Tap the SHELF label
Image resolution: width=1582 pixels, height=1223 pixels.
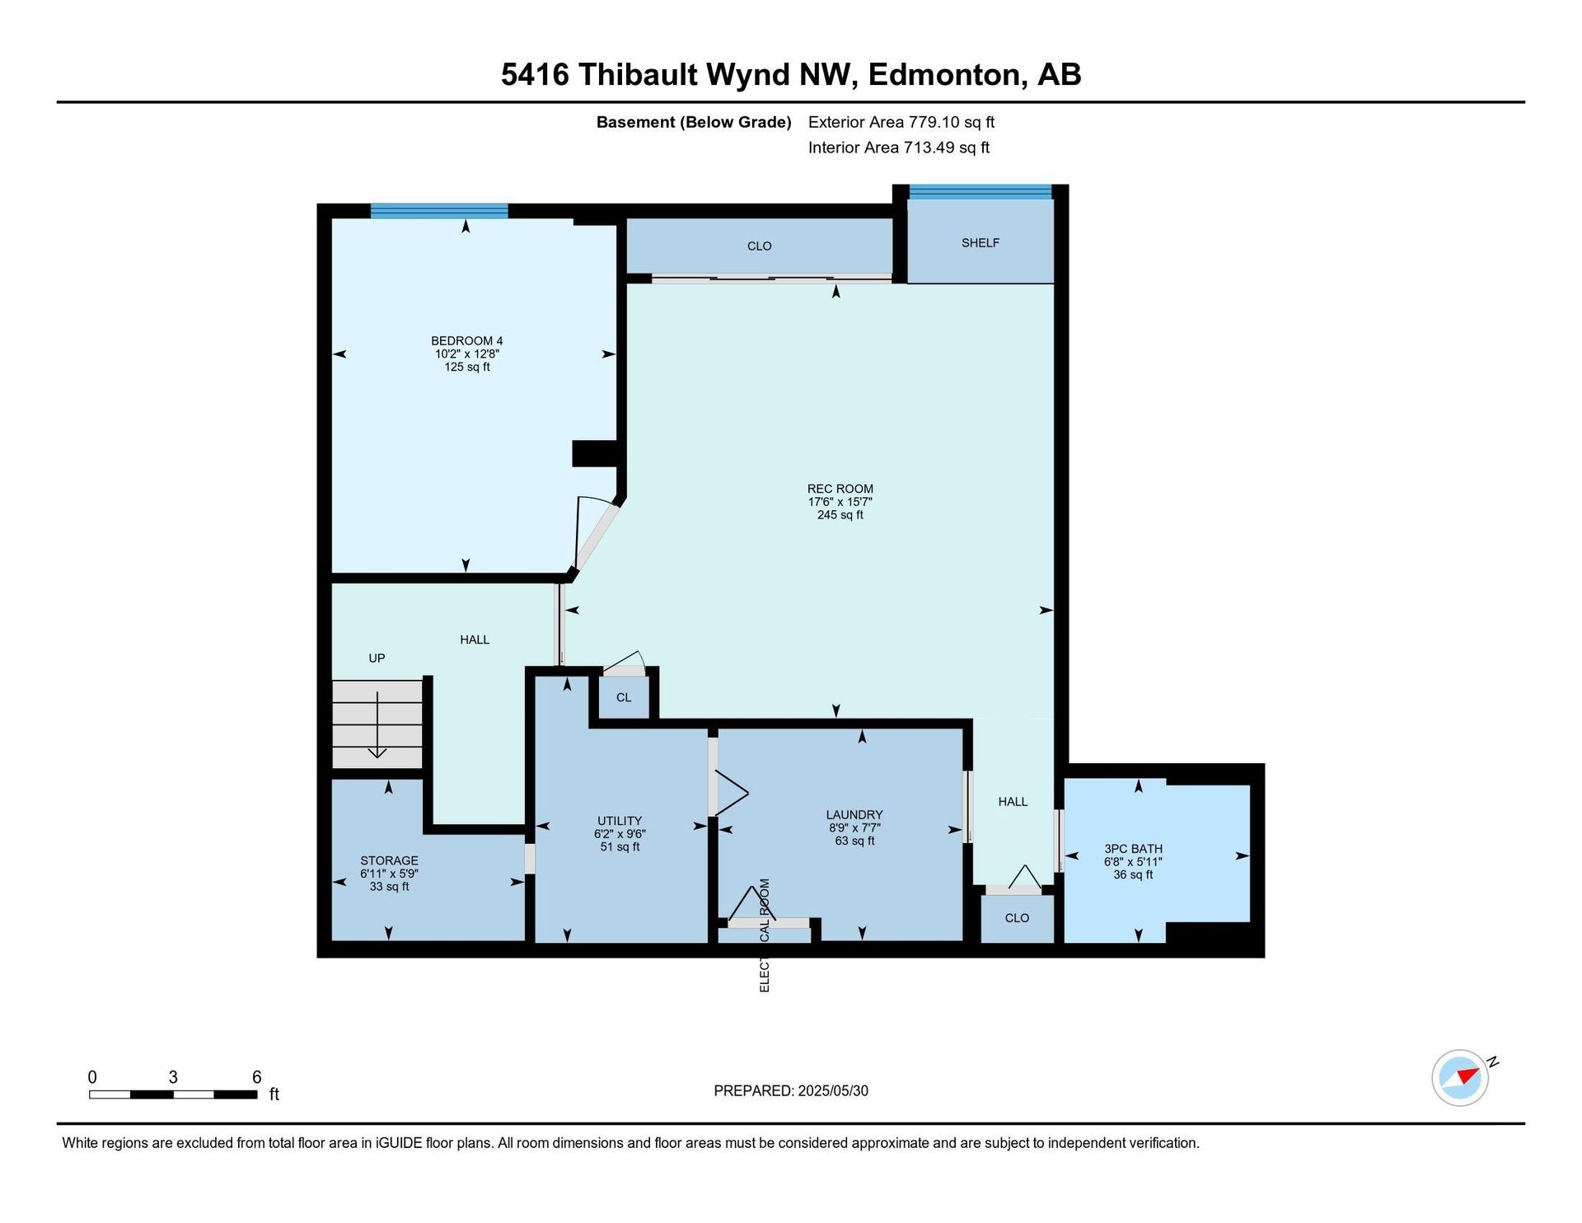click(x=981, y=243)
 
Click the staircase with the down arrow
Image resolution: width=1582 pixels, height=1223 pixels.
click(x=377, y=724)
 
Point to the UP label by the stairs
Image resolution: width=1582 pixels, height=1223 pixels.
click(x=377, y=658)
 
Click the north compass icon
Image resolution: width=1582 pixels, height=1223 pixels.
click(x=1461, y=1077)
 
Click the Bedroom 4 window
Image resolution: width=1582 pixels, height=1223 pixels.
click(x=439, y=211)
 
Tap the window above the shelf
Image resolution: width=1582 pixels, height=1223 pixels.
click(x=981, y=192)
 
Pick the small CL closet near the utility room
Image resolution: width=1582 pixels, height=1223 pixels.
click(x=624, y=697)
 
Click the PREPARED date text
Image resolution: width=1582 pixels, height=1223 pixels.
click(x=791, y=1091)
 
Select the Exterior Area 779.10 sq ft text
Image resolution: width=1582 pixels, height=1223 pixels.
click(x=901, y=122)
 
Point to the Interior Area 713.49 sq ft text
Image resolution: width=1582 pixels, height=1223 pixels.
click(x=899, y=148)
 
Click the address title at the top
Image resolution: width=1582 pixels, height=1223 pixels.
click(x=791, y=74)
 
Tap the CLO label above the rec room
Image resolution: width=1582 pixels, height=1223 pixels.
click(x=759, y=246)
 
